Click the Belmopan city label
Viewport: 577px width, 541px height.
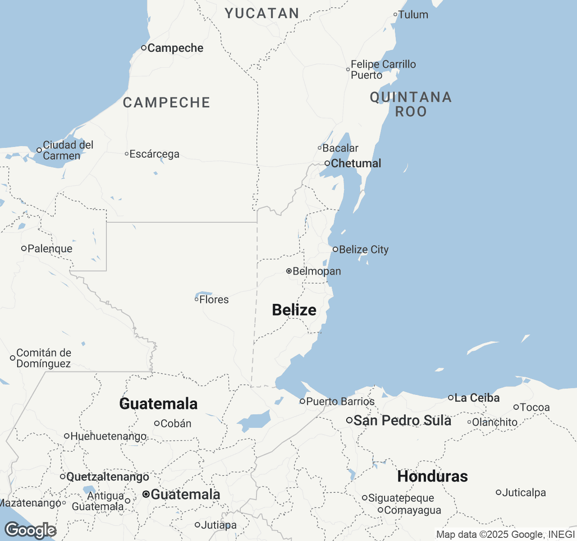coord(316,271)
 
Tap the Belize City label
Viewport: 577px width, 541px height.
coord(363,250)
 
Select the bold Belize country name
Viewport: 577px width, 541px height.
coord(294,310)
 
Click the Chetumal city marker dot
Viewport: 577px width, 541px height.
coord(327,163)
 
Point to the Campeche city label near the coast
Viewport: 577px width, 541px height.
coord(175,48)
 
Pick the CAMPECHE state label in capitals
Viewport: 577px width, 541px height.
coord(166,103)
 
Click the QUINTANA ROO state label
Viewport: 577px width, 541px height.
coord(411,104)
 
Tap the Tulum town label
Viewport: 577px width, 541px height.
coord(413,15)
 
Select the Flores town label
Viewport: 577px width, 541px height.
coord(214,300)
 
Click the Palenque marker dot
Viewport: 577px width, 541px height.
coord(24,248)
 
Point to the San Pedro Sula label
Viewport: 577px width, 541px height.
coord(402,421)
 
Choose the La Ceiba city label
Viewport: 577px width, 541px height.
coord(477,398)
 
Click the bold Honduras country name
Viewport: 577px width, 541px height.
coord(432,477)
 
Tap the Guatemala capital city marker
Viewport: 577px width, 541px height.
coord(146,495)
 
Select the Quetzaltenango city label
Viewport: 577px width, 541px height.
coord(107,477)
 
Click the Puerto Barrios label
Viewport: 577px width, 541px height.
coord(340,402)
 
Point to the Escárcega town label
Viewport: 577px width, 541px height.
coord(154,154)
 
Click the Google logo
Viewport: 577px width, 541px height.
coord(30,531)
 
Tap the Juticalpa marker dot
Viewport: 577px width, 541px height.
coord(499,493)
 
